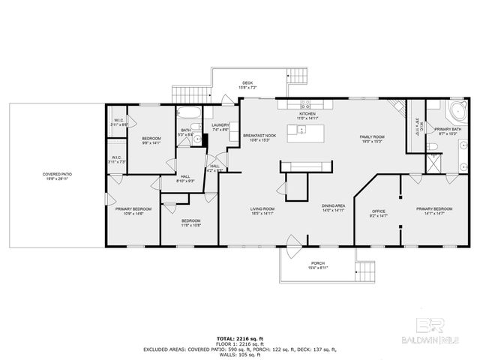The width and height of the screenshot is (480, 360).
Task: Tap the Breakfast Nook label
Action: (x=259, y=136)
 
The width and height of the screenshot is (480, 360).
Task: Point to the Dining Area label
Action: (x=333, y=207)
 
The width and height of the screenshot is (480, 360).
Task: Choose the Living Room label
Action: (x=262, y=210)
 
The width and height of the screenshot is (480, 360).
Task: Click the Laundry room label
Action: (x=220, y=127)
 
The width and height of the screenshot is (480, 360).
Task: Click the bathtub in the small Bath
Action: (x=187, y=114)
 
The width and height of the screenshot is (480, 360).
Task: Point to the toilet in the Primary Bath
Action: (x=434, y=147)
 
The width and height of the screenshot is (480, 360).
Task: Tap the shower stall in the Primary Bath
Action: (x=433, y=162)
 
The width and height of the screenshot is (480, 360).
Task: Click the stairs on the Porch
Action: (x=365, y=271)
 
